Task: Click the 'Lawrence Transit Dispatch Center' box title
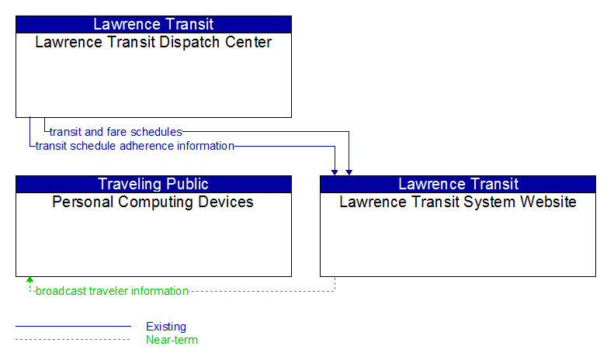click(153, 42)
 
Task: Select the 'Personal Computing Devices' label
click(153, 202)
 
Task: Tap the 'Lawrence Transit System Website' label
click(458, 202)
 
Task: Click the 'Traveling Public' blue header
click(153, 184)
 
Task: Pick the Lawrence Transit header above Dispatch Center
click(153, 24)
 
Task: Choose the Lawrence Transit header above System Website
click(458, 184)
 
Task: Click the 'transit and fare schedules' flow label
click(116, 132)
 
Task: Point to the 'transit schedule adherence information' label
click(135, 146)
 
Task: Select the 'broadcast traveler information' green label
click(112, 291)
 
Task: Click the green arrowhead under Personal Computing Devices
click(29, 279)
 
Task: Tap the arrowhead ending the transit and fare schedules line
click(349, 173)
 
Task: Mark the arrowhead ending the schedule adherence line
click(335, 173)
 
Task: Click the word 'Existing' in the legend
click(166, 327)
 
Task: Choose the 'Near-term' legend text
click(172, 340)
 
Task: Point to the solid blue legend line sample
click(73, 327)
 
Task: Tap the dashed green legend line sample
click(73, 340)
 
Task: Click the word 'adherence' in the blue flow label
click(147, 146)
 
